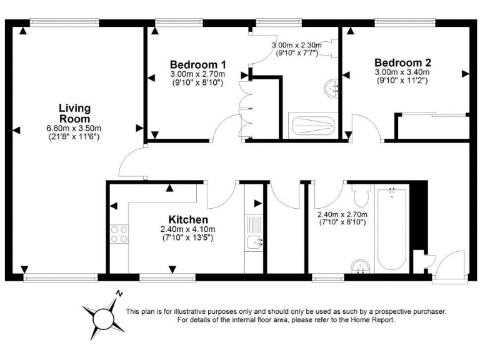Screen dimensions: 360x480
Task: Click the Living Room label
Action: [x=74, y=113]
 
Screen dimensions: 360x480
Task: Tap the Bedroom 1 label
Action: [x=197, y=64]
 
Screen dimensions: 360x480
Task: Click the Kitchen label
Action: [x=188, y=219]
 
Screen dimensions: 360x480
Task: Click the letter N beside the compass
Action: [x=119, y=293]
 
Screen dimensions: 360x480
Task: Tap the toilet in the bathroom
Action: [x=361, y=196]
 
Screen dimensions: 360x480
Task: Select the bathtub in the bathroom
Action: [x=391, y=228]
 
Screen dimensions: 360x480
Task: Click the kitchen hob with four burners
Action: [x=119, y=234]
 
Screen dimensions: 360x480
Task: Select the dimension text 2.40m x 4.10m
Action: [x=188, y=229]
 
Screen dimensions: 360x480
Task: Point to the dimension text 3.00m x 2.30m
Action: [x=296, y=46]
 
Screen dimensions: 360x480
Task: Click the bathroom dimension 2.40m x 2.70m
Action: [x=343, y=214]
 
